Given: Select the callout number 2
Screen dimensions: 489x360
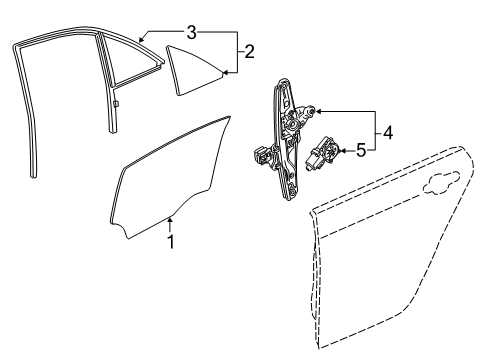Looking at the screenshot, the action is tap(249, 49).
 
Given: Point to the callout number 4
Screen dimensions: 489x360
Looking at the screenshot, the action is tap(389, 131).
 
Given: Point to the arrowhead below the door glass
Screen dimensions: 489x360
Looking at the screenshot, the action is tap(171, 219).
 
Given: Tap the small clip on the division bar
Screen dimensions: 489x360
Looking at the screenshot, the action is tap(117, 101).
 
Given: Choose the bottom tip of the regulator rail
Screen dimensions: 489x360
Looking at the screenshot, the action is tap(291, 196).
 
